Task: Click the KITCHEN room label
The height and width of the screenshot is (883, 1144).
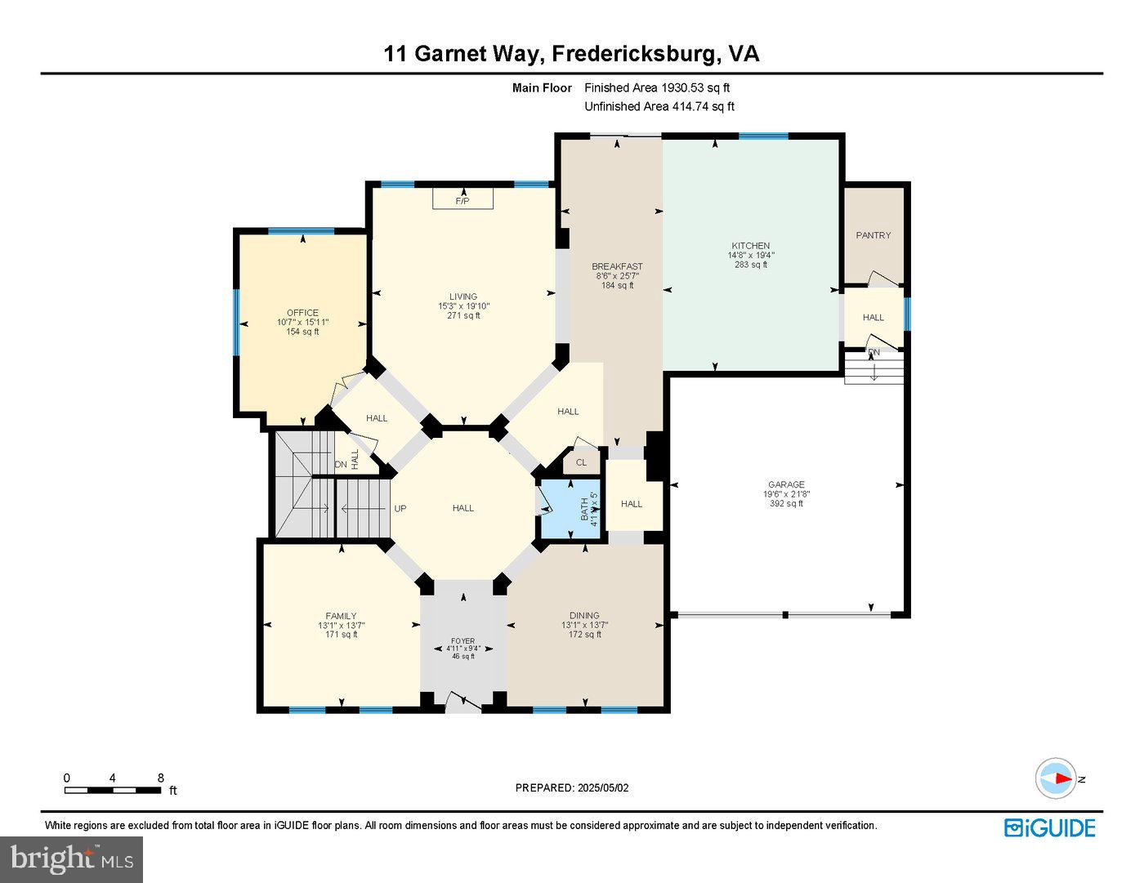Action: pos(750,246)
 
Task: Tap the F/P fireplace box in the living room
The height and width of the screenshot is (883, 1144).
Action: pos(463,200)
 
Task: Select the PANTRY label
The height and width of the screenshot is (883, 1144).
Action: pos(873,235)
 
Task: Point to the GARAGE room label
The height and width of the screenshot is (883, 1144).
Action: pos(785,484)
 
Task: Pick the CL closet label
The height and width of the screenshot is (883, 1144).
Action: pos(581,462)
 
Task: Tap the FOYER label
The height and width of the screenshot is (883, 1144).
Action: pos(463,641)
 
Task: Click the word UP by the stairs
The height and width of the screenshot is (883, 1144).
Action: pos(400,508)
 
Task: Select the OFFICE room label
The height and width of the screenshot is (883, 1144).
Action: pos(302,313)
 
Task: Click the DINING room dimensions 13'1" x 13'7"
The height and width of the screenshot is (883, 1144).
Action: pos(584,625)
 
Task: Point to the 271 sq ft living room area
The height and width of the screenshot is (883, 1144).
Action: pos(463,316)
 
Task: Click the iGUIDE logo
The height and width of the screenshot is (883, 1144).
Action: pos(1049,827)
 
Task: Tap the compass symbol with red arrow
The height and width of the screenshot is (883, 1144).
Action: pos(1056,778)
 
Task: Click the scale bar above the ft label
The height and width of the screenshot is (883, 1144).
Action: pos(113,790)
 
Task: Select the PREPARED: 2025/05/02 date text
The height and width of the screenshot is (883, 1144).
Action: pos(572,788)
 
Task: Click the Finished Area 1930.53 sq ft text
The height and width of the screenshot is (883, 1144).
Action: pos(657,87)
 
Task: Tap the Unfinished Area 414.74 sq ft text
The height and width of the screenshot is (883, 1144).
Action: pos(659,106)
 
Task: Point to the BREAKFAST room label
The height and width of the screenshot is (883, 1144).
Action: pos(617,266)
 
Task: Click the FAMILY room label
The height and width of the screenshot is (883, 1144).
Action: pos(341,616)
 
